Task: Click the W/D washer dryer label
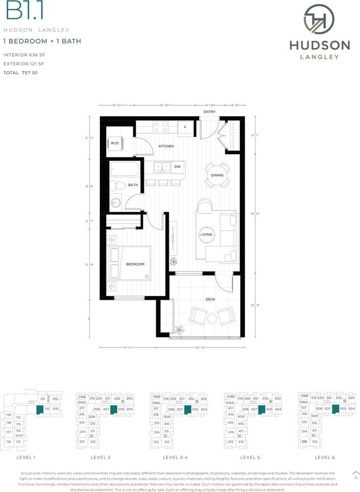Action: tap(115, 143)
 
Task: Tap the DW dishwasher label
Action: tap(176, 167)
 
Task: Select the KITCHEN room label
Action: tap(166, 147)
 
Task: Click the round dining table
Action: tap(217, 175)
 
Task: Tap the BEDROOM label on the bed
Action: tap(135, 264)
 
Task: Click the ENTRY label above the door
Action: tap(209, 112)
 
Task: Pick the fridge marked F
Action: tap(185, 127)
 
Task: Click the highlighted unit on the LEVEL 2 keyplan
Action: tap(114, 409)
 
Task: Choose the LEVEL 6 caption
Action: tap(325, 457)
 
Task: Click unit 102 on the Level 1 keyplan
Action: tap(55, 399)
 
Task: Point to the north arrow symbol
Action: tap(356, 473)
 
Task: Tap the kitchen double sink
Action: tap(163, 167)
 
